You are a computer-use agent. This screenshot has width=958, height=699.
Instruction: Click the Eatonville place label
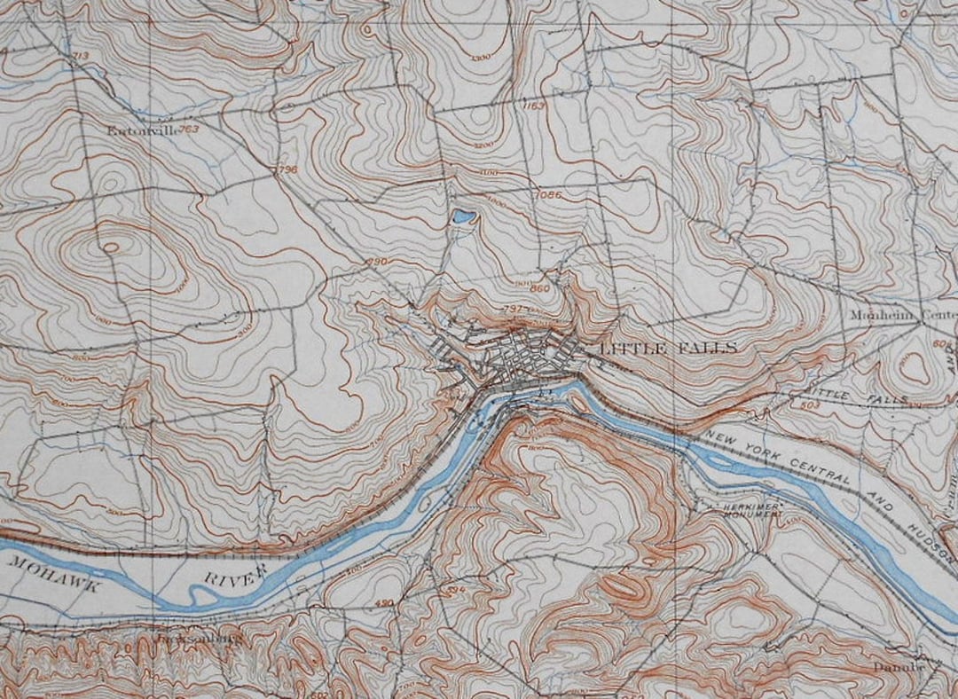coord(140,130)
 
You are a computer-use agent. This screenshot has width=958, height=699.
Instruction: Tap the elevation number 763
coord(188,130)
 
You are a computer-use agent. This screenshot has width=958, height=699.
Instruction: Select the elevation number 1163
coord(534,106)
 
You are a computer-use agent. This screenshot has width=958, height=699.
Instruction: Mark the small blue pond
coord(462,216)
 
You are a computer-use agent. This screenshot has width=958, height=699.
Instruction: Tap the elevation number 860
coord(540,288)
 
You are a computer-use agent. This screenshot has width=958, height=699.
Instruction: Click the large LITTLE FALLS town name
coord(668,349)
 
